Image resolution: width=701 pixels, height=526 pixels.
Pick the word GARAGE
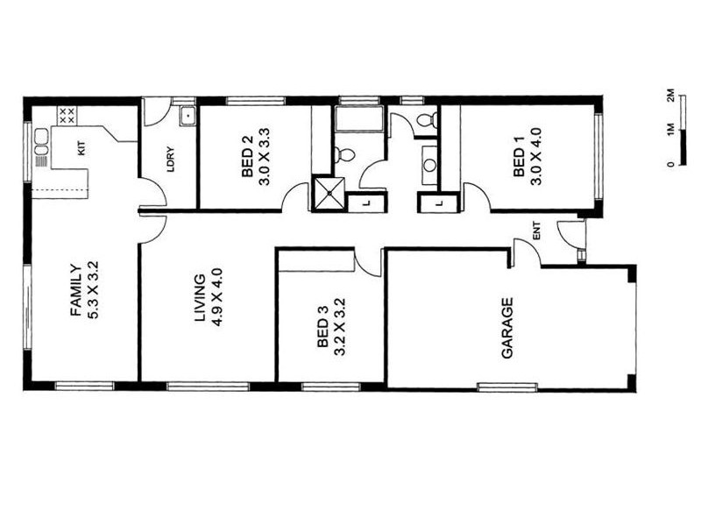point(506,329)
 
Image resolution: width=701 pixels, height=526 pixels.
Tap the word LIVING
point(200,298)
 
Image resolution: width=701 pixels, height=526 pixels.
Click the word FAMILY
point(75,290)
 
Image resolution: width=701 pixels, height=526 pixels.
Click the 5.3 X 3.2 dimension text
point(93,289)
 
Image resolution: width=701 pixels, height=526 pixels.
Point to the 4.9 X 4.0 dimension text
point(217,298)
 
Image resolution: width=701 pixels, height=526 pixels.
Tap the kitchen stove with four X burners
point(67,115)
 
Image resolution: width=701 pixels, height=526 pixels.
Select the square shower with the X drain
point(329,195)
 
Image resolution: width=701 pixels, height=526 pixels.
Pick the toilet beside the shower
point(344,155)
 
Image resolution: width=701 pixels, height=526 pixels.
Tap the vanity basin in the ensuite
point(429,160)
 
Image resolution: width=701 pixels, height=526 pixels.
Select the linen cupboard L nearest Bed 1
point(438,203)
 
